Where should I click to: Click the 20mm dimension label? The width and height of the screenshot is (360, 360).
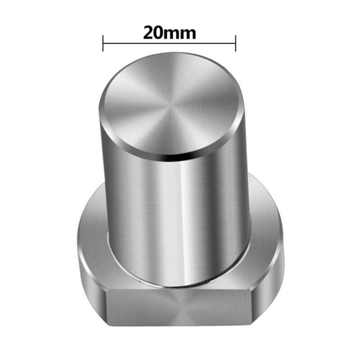coord(169,33)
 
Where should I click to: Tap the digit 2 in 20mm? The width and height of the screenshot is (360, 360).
coord(149,33)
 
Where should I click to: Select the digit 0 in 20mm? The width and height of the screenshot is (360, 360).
coord(160,33)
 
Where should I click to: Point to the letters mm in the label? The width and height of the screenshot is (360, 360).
coord(181,34)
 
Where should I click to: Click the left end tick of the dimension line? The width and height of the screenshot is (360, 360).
coord(103,43)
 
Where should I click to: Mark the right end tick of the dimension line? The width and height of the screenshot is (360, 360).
coord(235,43)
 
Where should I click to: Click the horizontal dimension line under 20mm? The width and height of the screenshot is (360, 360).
coord(169,43)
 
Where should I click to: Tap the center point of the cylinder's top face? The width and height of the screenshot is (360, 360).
coord(169,105)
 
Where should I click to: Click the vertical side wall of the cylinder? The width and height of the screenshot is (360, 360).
coord(175,211)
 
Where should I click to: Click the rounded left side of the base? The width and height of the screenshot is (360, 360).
coord(90,270)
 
